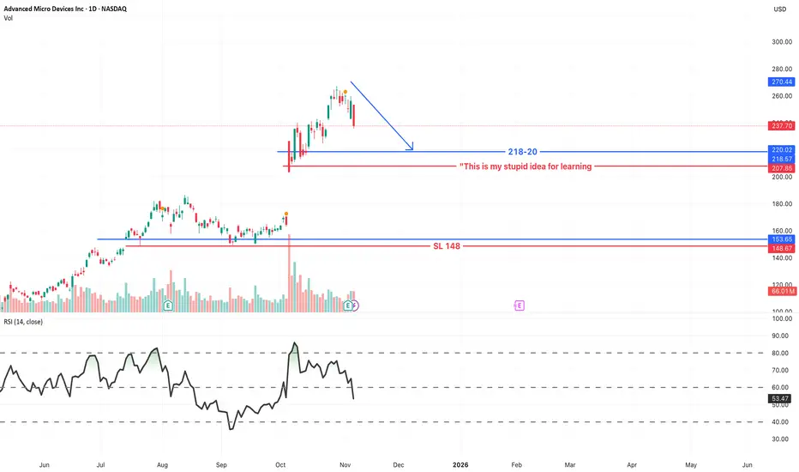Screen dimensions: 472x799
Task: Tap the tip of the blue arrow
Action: click(412, 150)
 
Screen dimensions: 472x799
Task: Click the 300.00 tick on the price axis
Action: click(780, 42)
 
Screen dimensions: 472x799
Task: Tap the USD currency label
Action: click(779, 9)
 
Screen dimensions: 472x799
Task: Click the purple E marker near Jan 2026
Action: click(520, 305)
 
